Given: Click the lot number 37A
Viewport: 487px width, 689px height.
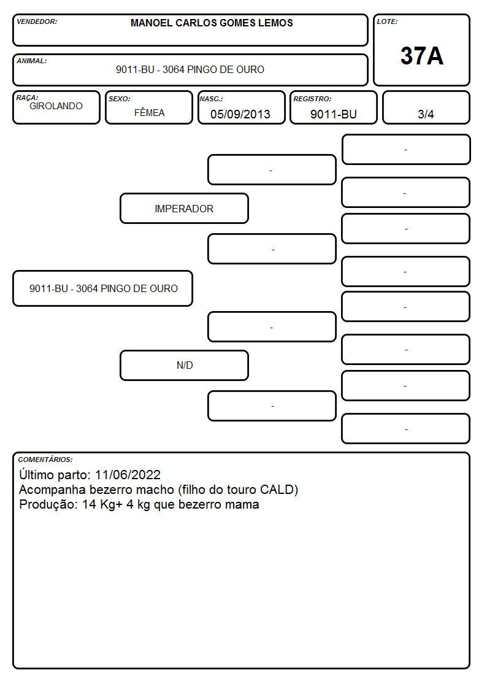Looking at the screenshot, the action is coord(421,56).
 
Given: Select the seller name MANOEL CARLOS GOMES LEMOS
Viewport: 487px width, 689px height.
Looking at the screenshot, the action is coord(212,23).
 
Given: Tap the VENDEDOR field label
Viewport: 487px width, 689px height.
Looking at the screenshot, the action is coord(37,21).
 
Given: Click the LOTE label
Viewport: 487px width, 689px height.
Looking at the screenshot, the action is coord(387,21).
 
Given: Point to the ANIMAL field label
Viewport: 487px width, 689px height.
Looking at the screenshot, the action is coord(32,61).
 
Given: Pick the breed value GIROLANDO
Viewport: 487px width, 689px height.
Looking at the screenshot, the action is coord(56,106).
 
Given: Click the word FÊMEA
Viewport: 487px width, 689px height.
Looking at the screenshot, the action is coord(149,112).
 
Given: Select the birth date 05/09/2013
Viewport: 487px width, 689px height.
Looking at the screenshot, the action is coord(240,114).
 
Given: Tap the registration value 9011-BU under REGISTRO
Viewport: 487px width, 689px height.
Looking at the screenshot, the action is coord(333,114).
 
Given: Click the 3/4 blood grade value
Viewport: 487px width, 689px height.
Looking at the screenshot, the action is coord(426,114).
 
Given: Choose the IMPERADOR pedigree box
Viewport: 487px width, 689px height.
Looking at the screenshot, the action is coord(184,208).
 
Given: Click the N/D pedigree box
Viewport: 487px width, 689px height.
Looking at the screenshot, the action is coord(184,365).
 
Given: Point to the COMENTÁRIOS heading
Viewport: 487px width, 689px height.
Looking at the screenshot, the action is coord(45,460).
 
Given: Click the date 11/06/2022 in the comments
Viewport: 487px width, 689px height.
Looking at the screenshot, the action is coord(128,474).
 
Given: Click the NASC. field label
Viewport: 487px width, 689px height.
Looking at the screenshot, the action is coord(211,99).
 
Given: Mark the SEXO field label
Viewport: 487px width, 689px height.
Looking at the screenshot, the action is coord(120,99).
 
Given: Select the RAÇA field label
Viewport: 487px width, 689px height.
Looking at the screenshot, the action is coord(27,98).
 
